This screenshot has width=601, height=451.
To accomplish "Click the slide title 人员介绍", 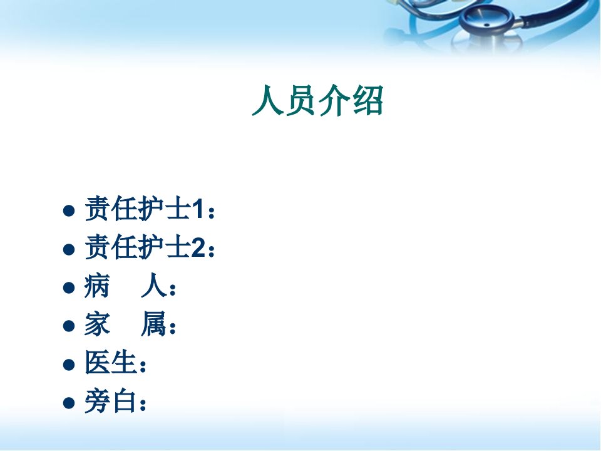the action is click(x=318, y=100).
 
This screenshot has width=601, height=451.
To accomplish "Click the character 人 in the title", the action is click(x=267, y=100).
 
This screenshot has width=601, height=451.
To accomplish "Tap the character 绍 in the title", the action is click(x=368, y=100).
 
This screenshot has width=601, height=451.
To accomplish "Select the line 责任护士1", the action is click(x=150, y=209).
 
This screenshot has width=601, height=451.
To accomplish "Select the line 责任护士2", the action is click(x=150, y=247).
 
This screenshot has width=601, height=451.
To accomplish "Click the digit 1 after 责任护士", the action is click(x=197, y=210).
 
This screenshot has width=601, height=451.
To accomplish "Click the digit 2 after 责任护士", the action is click(x=198, y=248).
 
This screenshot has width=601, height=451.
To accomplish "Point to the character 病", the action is click(x=97, y=286).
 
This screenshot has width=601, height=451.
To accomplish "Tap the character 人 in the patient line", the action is click(x=154, y=286).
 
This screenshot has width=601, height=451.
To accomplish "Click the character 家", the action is click(x=97, y=324).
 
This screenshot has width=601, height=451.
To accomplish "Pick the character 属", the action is click(x=154, y=324).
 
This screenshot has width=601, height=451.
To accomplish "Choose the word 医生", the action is click(x=110, y=363).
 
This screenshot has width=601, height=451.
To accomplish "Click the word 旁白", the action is click(x=110, y=401).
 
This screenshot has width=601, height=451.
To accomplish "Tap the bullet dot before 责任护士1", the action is click(x=69, y=210).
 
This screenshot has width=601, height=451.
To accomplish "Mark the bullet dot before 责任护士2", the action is click(x=69, y=249).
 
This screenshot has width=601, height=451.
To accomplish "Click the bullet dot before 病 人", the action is click(x=69, y=288).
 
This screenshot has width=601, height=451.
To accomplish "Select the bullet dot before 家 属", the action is click(x=69, y=326).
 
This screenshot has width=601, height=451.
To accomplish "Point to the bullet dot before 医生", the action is click(x=69, y=365).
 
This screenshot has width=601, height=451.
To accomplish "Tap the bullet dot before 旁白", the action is click(x=69, y=403).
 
